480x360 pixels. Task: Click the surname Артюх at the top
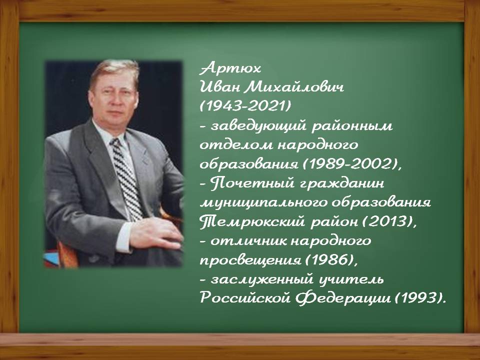[230, 68]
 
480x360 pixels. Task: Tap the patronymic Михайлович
[294, 87]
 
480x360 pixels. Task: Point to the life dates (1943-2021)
[245, 106]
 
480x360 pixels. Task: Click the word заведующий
[258, 126]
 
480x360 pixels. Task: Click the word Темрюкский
[252, 221]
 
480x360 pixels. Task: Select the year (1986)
[329, 260]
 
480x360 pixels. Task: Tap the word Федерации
[343, 298]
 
